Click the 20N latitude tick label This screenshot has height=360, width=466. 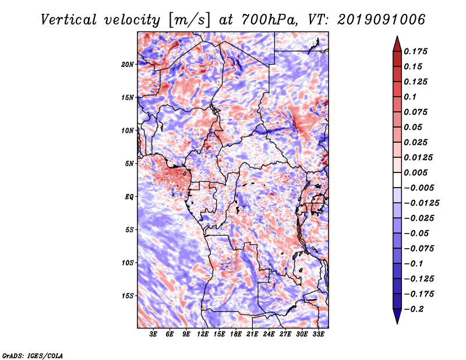(128, 65)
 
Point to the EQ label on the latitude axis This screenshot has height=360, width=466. (129, 197)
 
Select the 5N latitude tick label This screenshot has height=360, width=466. (129, 164)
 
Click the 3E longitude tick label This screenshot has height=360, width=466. (153, 334)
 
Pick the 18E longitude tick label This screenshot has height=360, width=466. (236, 334)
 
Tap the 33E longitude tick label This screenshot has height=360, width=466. (318, 334)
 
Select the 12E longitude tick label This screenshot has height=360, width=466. (203, 334)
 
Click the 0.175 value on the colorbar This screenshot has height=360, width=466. (415, 51)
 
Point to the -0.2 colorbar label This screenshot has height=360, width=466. (414, 309)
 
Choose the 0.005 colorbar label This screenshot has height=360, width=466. (415, 172)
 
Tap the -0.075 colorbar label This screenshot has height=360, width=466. (419, 249)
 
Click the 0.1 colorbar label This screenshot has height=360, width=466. (410, 97)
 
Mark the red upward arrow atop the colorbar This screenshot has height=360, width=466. (397, 44)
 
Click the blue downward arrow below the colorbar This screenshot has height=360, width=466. (397, 316)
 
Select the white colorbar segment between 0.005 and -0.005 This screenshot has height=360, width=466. (397, 180)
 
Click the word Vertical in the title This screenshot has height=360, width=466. (69, 20)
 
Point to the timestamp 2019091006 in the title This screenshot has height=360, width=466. (382, 20)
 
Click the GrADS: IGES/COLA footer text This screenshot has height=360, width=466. (33, 356)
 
